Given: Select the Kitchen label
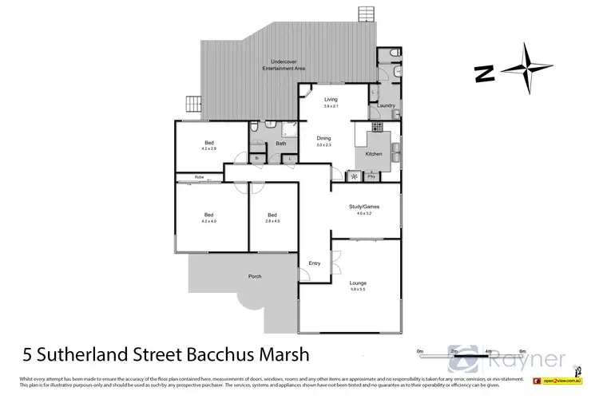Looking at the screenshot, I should [x=373, y=153].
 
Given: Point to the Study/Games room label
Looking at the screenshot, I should [x=364, y=206].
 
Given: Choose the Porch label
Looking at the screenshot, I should [x=255, y=276].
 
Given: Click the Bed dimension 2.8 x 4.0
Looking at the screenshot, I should [x=272, y=221].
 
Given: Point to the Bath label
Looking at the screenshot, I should [x=281, y=144].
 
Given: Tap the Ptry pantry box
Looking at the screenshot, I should [x=371, y=176].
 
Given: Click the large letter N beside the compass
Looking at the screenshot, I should [x=482, y=73].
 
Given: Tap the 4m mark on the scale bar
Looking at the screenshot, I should [x=487, y=351].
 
